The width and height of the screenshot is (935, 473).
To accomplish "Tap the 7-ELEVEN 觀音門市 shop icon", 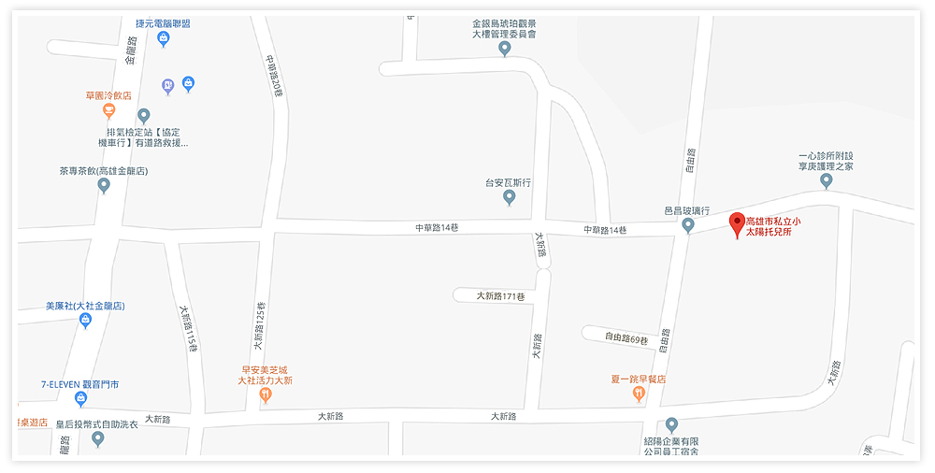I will pyautogui.click(x=81, y=399).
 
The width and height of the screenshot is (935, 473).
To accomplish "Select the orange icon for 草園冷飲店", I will pyautogui.click(x=108, y=111).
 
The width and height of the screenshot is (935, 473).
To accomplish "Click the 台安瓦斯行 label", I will pyautogui.click(x=508, y=183).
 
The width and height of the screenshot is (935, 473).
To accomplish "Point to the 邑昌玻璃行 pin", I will pyautogui.click(x=688, y=225).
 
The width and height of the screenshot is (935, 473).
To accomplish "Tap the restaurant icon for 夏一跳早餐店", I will pyautogui.click(x=639, y=394).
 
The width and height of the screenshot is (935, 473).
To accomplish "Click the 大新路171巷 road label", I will pyautogui.click(x=500, y=295).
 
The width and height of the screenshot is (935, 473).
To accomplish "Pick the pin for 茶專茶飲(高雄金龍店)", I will pyautogui.click(x=104, y=185).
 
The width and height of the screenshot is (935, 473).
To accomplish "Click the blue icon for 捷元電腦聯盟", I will pyautogui.click(x=163, y=38).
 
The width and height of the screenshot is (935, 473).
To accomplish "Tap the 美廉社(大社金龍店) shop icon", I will pyautogui.click(x=85, y=321).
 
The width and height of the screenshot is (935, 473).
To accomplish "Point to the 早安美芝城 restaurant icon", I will pyautogui.click(x=266, y=395).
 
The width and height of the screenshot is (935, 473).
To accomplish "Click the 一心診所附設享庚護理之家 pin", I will pyautogui.click(x=826, y=180).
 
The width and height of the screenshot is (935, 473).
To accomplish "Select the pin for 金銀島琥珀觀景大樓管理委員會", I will pyautogui.click(x=505, y=48).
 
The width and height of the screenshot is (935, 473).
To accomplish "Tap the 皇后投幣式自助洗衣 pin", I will pyautogui.click(x=97, y=438).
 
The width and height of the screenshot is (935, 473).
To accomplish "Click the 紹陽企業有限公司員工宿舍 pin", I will pyautogui.click(x=671, y=425).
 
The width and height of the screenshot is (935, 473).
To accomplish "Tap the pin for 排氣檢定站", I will pyautogui.click(x=143, y=116).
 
